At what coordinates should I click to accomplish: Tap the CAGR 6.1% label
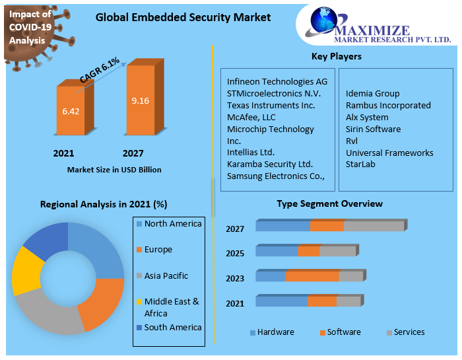100,71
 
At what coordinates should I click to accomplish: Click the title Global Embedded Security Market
183,17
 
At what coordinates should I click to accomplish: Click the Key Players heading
336,56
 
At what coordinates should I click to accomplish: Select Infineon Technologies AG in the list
277,81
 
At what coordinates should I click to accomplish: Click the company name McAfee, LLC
251,117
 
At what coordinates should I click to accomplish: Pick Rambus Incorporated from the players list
388,105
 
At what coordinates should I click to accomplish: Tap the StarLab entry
360,164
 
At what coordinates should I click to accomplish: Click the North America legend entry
172,224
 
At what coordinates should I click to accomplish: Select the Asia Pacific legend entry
166,276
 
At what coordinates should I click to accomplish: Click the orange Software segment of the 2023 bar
312,276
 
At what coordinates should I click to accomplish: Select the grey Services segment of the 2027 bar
374,226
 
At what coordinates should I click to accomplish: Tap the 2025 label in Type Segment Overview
235,254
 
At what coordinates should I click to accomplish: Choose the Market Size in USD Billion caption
114,170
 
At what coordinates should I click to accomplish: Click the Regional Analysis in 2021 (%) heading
104,204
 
